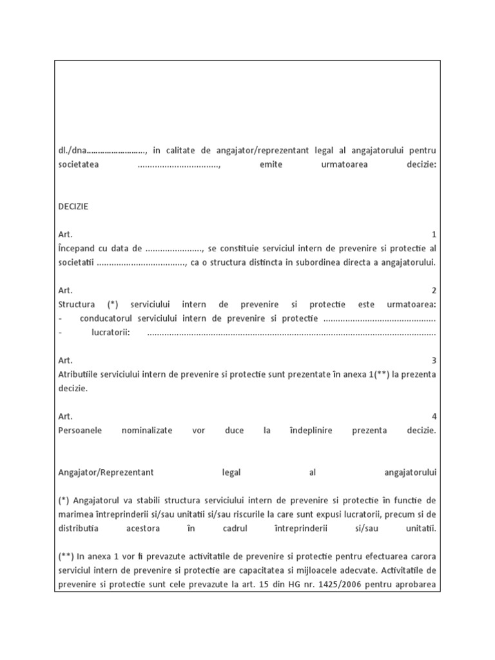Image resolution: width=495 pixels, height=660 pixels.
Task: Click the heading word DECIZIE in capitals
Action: [x=73, y=207]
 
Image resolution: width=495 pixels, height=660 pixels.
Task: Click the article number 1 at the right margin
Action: [x=434, y=235]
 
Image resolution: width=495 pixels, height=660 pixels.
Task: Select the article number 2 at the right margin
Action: [x=434, y=291]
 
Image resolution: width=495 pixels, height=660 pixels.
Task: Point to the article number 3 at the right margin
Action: [x=434, y=360]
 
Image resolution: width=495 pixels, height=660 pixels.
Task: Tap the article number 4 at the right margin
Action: [x=434, y=416]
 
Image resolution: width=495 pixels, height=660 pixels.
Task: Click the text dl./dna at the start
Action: [x=71, y=151]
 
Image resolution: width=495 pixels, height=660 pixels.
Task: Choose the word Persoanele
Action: [x=80, y=431]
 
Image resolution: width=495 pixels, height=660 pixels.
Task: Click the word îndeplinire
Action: [x=311, y=431]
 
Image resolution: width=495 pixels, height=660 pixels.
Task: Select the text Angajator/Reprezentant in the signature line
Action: [x=106, y=472]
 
